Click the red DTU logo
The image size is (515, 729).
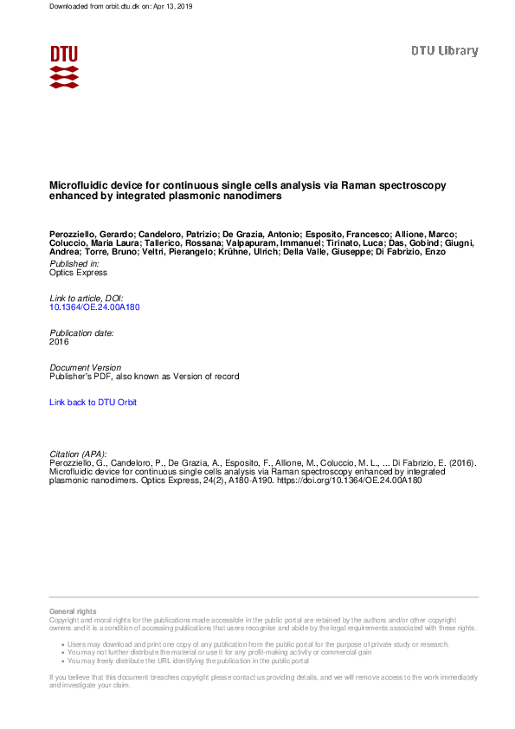pyautogui.click(x=64, y=66)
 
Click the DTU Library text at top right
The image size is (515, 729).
pyautogui.click(x=444, y=51)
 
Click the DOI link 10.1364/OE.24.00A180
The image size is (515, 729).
pyautogui.click(x=94, y=307)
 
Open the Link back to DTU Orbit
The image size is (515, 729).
pyautogui.click(x=93, y=403)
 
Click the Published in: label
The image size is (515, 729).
pyautogui.click(x=74, y=263)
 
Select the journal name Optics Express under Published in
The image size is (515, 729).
pyautogui.click(x=78, y=273)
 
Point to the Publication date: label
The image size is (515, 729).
pyautogui.click(x=81, y=332)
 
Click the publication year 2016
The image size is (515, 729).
pyautogui.click(x=59, y=342)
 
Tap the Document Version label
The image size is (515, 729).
pyautogui.click(x=85, y=368)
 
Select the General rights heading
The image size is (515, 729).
pyautogui.click(x=73, y=611)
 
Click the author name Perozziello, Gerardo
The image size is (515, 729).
pyautogui.click(x=91, y=235)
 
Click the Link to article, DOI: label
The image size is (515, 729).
pyautogui.click(x=87, y=298)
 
